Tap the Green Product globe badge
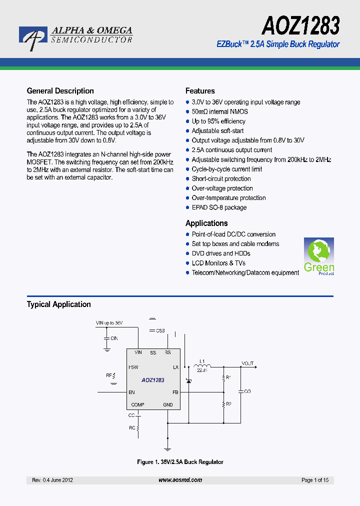tap(319, 256)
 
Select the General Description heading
tap(60, 91)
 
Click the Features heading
tap(200, 91)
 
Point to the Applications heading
tap(206, 223)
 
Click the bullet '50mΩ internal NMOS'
tap(219, 111)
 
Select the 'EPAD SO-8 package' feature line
tap(219, 207)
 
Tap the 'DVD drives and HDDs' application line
tap(221, 253)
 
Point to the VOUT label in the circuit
tap(247, 363)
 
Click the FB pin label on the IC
tap(175, 392)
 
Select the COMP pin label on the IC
tap(137, 405)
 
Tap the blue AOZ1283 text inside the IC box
tap(153, 380)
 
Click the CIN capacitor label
tap(114, 338)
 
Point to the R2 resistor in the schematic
tap(224, 404)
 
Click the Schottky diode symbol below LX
tap(188, 381)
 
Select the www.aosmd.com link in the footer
tap(180, 480)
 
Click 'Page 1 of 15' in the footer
tap(315, 480)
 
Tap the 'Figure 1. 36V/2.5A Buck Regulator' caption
tap(180, 462)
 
